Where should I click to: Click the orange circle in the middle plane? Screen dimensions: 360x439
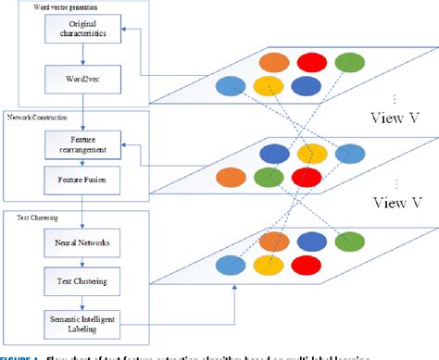coord(232,176)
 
